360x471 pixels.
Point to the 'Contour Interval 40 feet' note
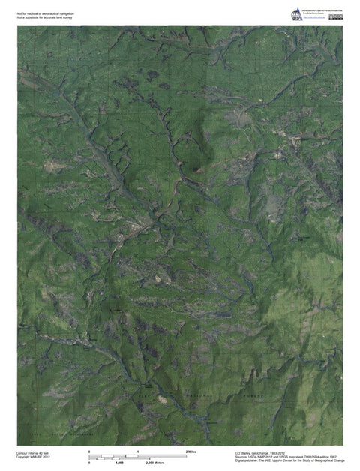(x=32, y=452)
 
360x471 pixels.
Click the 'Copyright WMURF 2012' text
(x=31, y=457)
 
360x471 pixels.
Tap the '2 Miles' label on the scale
(x=190, y=451)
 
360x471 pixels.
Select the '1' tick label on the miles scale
(x=138, y=451)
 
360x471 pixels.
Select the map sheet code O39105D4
(x=309, y=456)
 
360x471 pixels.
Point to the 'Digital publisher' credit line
(x=289, y=460)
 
